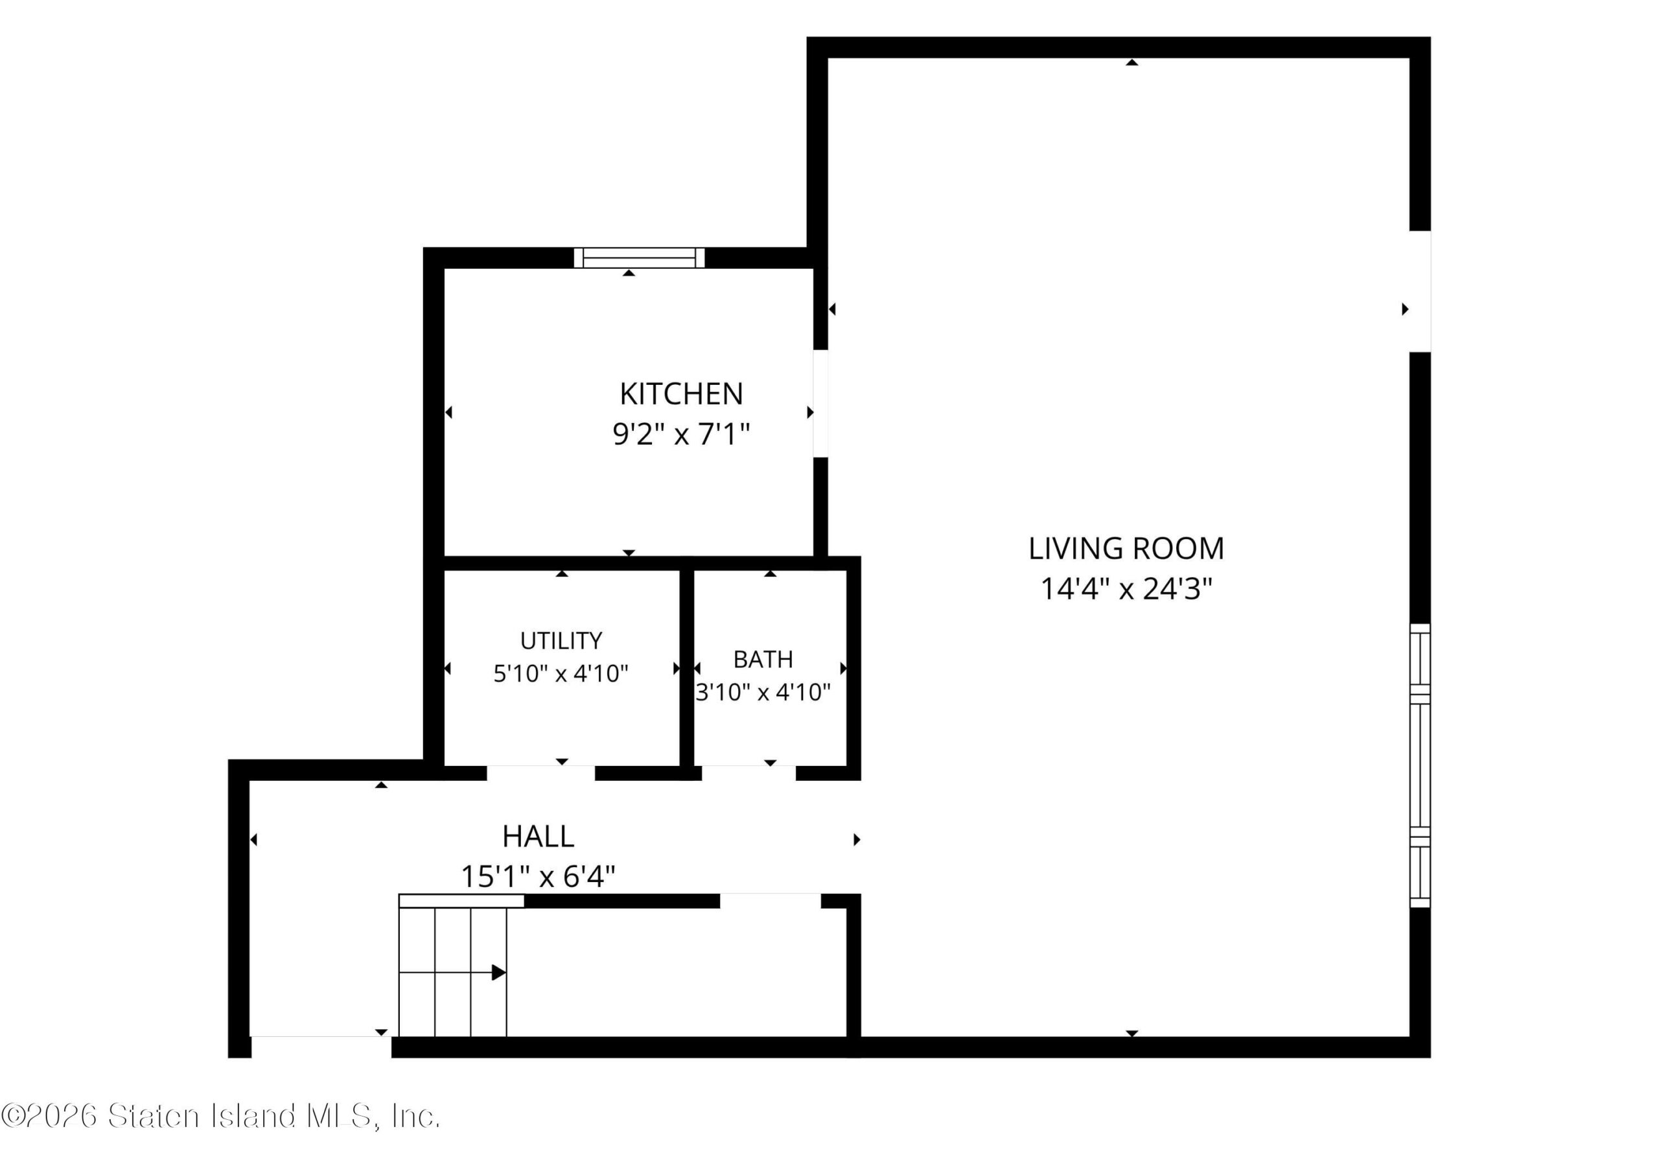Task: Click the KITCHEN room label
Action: tap(681, 394)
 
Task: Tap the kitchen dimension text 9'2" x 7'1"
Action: tap(681, 435)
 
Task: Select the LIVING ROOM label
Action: tap(1126, 548)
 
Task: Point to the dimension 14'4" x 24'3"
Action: tap(1126, 589)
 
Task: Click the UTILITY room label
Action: tap(561, 640)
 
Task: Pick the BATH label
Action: tap(763, 659)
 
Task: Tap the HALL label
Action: tap(539, 837)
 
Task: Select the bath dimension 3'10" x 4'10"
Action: tap(763, 692)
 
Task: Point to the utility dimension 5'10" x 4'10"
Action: tap(561, 673)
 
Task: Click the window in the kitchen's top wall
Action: tap(640, 258)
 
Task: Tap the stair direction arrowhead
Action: tap(498, 973)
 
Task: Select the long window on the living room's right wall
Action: tap(1421, 766)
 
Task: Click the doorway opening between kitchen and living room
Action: tap(821, 403)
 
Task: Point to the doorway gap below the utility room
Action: tap(540, 773)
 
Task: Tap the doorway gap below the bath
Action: tap(748, 773)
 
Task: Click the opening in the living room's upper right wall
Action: tap(1421, 292)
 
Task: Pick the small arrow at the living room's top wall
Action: tap(1132, 63)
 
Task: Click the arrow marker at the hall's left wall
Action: tap(253, 840)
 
